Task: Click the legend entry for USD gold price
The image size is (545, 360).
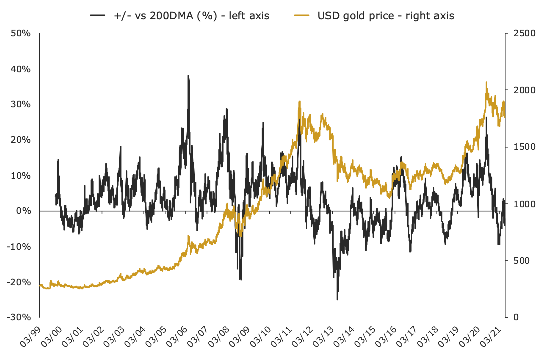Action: pos(386,16)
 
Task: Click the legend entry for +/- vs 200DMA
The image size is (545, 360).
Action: pos(192,16)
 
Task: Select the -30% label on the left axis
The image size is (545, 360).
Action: pos(19,317)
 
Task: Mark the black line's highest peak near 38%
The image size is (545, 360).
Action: pos(188,76)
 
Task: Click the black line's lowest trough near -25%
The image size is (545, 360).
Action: pos(337,299)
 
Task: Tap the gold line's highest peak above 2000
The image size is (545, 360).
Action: pos(486,82)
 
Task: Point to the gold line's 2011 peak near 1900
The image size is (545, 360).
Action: pos(300,101)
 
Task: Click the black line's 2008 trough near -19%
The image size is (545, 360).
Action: pos(240,279)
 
